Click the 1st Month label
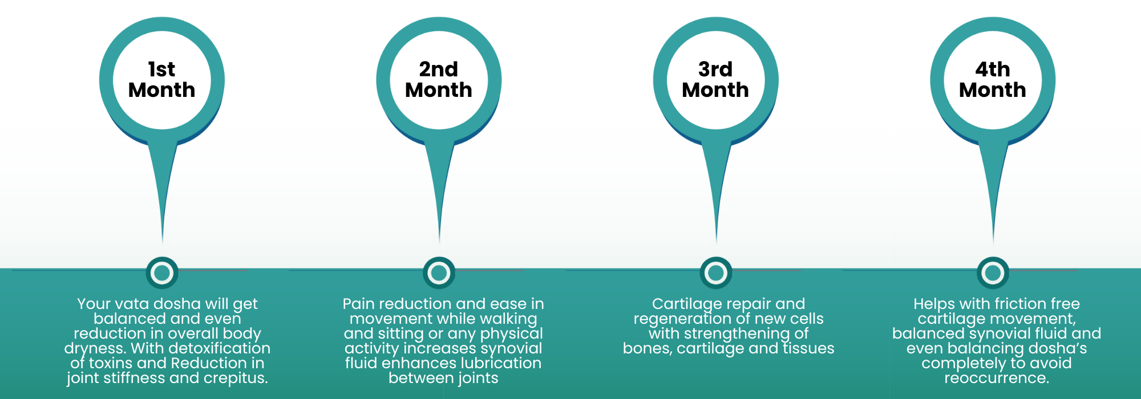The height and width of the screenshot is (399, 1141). pyautogui.click(x=162, y=80)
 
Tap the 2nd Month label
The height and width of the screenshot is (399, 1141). pyautogui.click(x=439, y=80)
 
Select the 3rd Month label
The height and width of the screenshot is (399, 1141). pyautogui.click(x=715, y=80)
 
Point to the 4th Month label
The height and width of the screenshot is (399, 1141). pyautogui.click(x=993, y=80)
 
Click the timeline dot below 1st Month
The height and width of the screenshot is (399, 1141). pyautogui.click(x=162, y=273)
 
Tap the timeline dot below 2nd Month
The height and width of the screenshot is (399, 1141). pyautogui.click(x=439, y=273)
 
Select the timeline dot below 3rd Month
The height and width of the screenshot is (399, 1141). pyautogui.click(x=716, y=273)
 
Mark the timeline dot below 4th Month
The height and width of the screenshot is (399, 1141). pyautogui.click(x=993, y=273)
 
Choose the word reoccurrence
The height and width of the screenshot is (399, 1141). pyautogui.click(x=997, y=378)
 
